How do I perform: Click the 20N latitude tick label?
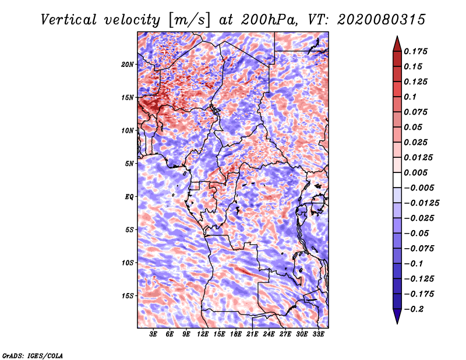128,64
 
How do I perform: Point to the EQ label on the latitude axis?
129,197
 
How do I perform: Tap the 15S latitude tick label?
128,296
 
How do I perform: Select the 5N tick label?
129,164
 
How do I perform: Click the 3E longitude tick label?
154,335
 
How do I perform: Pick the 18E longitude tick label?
236,335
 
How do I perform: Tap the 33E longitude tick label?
318,335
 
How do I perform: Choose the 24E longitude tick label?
269,335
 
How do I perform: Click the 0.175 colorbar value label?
417,51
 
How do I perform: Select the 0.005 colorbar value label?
417,173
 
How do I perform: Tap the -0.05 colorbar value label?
417,234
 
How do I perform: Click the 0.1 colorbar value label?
412,97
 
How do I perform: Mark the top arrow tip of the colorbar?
397,37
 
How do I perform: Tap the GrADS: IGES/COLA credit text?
32,355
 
